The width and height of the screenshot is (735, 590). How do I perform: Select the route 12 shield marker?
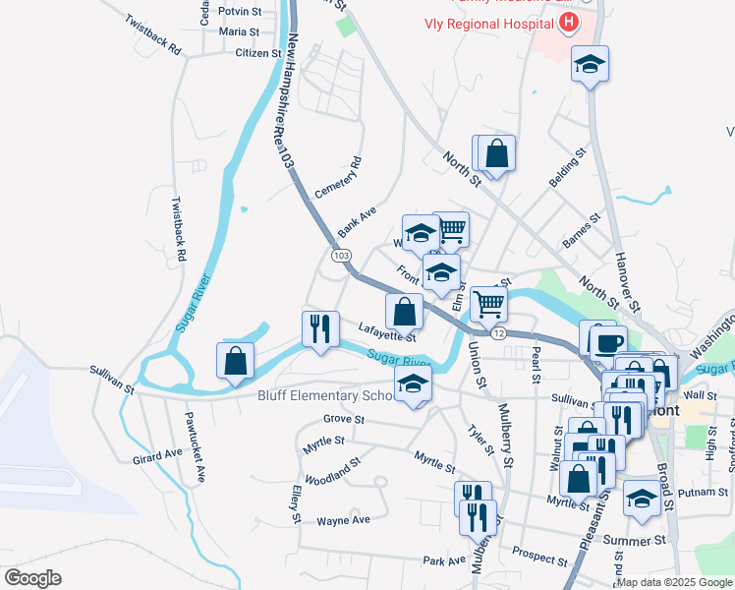(x=499, y=334)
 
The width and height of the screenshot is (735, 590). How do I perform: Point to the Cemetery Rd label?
(x=339, y=177)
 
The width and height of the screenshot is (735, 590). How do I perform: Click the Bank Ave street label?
(x=358, y=222)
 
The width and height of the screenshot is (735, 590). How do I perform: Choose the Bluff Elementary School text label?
(x=324, y=396)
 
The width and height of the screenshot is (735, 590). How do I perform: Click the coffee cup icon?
(x=606, y=340)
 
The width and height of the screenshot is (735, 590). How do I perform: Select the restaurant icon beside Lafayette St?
(x=320, y=328)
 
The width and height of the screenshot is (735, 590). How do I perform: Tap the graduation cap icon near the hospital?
(x=590, y=64)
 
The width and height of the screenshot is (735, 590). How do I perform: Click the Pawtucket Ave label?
(x=192, y=445)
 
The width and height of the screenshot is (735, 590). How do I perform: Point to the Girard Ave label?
(x=158, y=455)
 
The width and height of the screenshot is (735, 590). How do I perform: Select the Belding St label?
(x=567, y=168)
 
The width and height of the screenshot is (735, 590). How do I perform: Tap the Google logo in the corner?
(x=31, y=578)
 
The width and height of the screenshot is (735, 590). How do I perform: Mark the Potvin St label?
(x=240, y=13)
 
